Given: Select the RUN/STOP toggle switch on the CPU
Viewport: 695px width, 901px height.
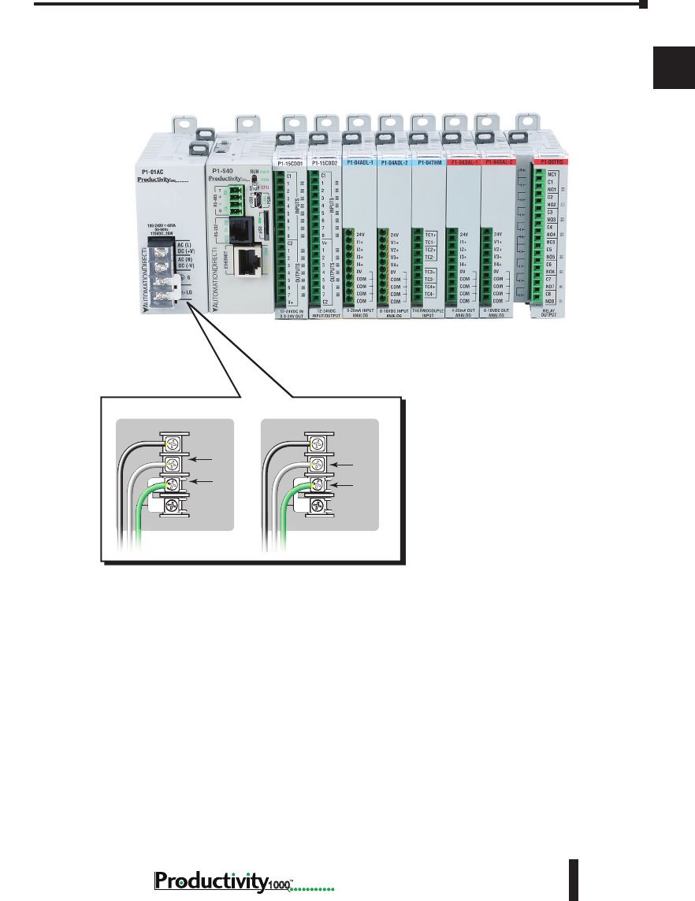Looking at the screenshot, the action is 254,179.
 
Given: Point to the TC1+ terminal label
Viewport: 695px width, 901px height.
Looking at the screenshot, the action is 430,235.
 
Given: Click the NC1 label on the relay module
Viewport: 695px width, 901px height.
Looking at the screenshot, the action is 552,174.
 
